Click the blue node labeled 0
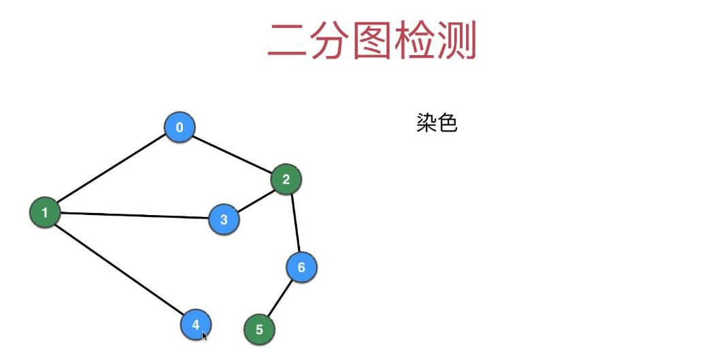tap(180, 127)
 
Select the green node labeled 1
tap(45, 212)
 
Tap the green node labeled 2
tap(286, 180)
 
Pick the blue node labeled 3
tap(224, 219)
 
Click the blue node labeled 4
tap(195, 324)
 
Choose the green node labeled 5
tap(259, 330)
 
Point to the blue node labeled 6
tap(301, 267)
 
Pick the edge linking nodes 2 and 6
tap(294, 223)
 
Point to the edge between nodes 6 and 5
tap(280, 298)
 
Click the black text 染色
tap(437, 123)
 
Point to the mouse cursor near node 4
tap(204, 334)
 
